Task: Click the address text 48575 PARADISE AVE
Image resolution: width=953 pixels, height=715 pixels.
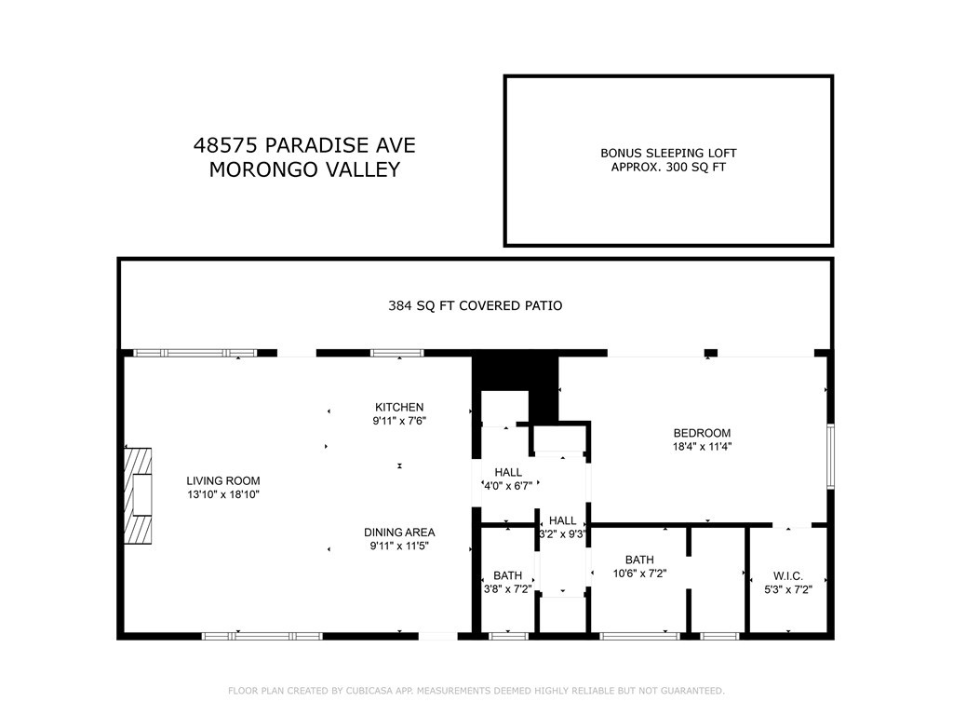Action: coord(304,145)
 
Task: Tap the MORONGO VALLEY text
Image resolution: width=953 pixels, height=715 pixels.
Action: coord(304,169)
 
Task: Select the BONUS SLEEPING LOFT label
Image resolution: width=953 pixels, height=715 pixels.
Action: coord(668,153)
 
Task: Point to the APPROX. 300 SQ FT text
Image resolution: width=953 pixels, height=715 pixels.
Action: coord(668,168)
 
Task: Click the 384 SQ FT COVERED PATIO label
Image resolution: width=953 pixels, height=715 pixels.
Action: coord(475,305)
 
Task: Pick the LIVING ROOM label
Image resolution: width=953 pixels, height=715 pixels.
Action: coord(222,481)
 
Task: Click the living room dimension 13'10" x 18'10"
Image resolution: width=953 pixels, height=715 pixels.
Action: coord(222,494)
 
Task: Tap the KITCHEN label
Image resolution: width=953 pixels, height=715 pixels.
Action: coord(399,407)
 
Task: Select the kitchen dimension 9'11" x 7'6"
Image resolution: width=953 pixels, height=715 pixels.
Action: coord(399,420)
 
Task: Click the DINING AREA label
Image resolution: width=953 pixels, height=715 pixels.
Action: coord(399,533)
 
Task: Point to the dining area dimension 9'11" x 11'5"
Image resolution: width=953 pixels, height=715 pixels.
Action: coord(399,546)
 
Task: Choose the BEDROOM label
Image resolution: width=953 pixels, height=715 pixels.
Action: coord(702,433)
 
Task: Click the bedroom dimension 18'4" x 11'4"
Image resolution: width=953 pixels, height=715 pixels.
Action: coord(702,446)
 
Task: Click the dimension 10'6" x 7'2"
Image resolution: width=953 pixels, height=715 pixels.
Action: coord(639,573)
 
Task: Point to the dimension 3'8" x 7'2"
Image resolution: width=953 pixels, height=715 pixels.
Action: coord(507,589)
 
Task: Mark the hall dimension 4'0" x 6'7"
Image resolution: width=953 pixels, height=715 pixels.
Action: coord(507,486)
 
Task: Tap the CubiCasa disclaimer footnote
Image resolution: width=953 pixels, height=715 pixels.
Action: coord(476,691)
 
